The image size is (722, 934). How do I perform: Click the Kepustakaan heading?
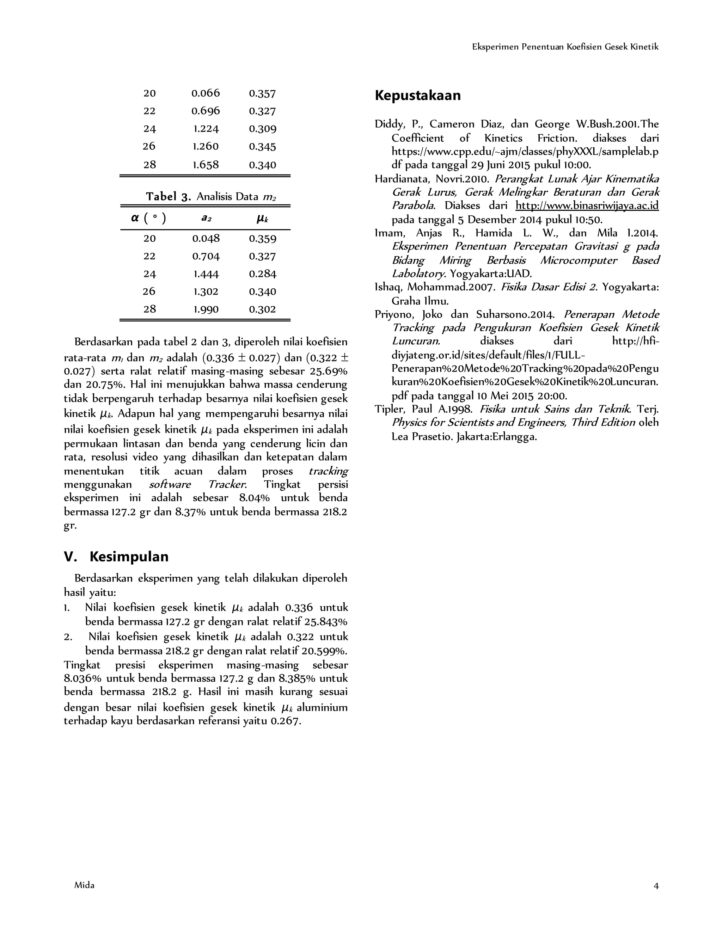pyautogui.click(x=417, y=96)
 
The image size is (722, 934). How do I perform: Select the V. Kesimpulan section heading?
pyautogui.click(x=116, y=557)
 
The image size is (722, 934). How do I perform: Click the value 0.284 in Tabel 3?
pyautogui.click(x=263, y=274)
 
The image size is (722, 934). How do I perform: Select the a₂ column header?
pyautogui.click(x=206, y=219)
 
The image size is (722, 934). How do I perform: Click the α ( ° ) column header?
pyautogui.click(x=148, y=219)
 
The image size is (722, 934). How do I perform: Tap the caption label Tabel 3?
pyautogui.click(x=168, y=197)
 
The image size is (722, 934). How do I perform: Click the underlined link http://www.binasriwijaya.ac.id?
pyautogui.click(x=587, y=206)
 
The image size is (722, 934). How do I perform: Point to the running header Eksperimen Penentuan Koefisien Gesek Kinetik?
pyautogui.click(x=565, y=47)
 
